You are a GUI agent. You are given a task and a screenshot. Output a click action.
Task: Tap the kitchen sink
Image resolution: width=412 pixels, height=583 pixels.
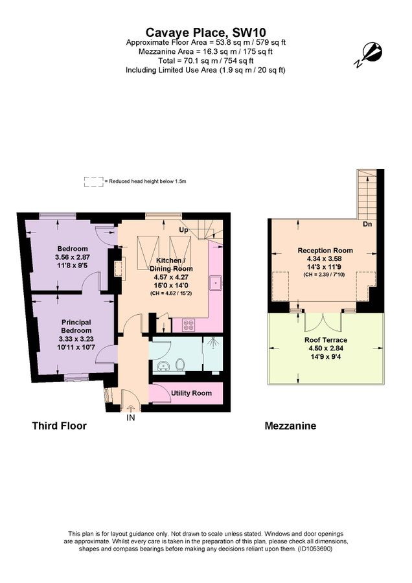[216, 282]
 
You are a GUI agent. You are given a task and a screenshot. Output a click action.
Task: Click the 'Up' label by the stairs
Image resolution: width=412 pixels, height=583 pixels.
[183, 229]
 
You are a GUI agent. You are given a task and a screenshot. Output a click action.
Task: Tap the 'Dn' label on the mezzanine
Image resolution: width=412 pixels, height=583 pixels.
[366, 224]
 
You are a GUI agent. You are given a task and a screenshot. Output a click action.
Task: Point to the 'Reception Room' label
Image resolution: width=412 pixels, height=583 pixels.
[325, 250]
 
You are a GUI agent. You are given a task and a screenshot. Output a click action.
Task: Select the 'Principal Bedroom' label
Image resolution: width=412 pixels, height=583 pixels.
[76, 326]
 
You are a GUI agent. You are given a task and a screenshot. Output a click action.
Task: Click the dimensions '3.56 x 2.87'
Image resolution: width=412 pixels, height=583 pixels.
[73, 257]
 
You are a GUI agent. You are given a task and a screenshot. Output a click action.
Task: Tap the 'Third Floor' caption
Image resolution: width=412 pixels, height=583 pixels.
[59, 426]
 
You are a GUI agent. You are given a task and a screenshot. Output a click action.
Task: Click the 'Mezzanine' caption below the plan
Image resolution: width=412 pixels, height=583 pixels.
[290, 426]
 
